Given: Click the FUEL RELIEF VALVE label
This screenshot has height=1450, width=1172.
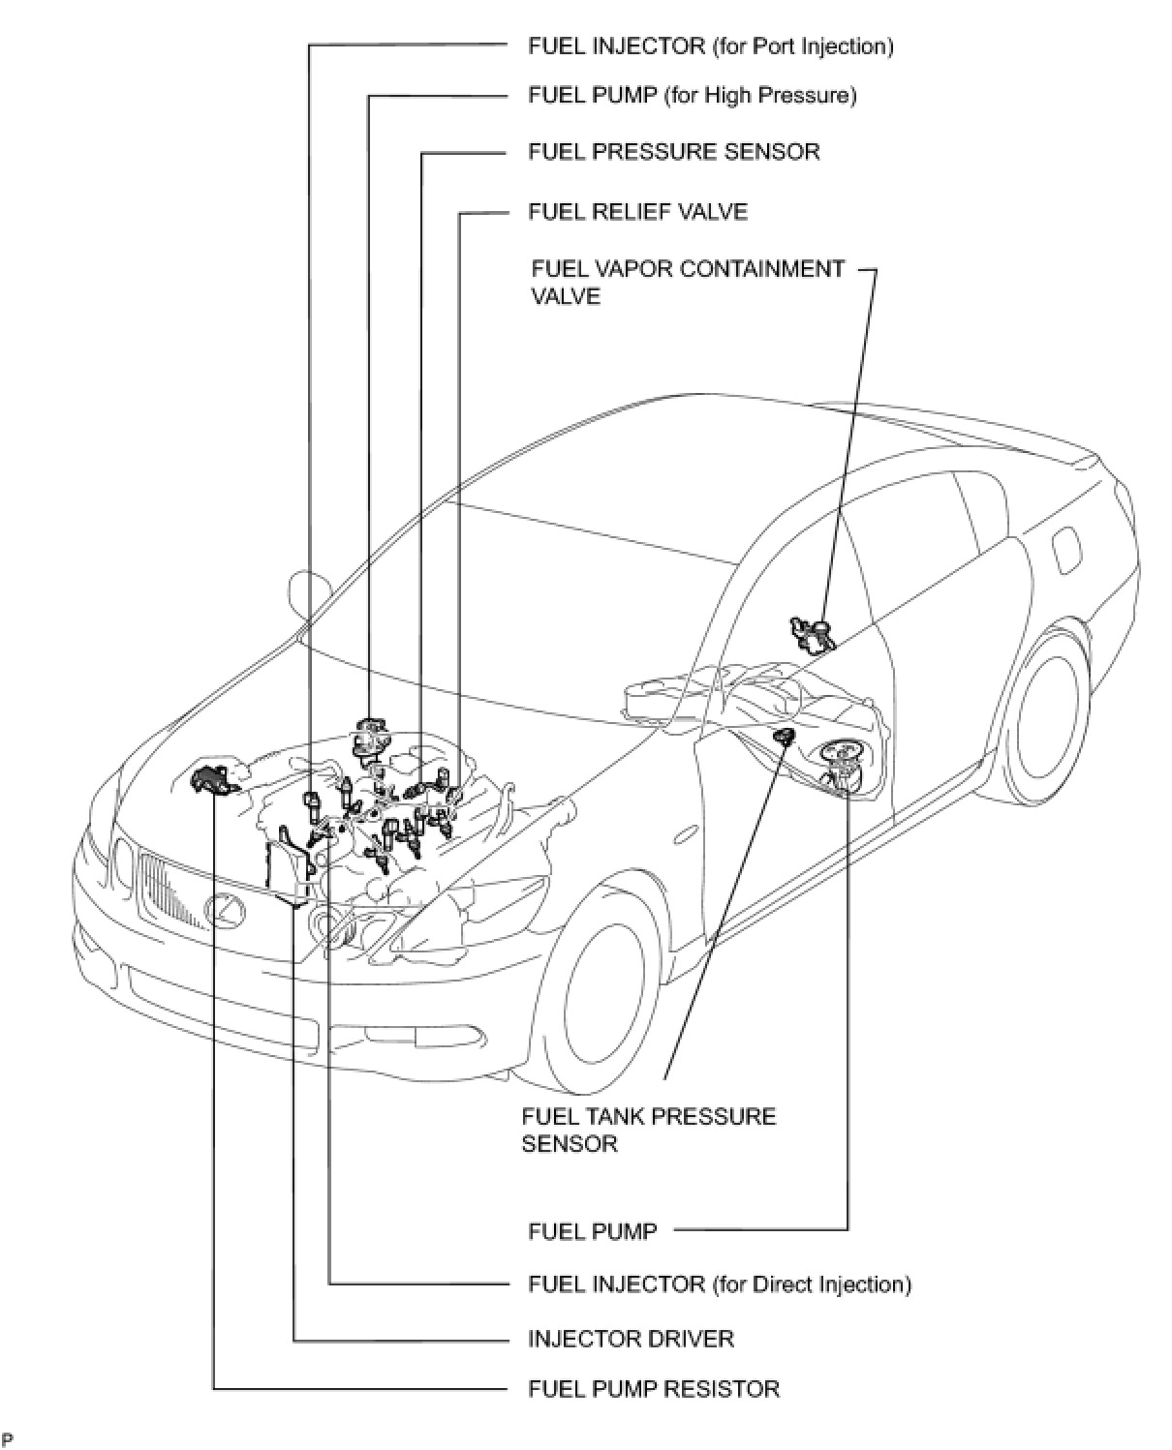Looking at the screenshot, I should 637,212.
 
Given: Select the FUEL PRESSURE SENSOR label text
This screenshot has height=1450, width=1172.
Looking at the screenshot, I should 673,152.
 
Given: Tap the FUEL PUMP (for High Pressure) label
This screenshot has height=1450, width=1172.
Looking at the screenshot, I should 692,96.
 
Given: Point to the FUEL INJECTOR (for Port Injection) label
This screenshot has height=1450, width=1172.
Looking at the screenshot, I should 710,46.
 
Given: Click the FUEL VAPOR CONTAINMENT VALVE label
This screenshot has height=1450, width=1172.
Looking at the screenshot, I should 688,282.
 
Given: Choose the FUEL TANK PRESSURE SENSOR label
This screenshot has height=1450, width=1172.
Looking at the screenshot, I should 648,1130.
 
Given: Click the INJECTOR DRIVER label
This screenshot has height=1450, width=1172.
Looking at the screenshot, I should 631,1339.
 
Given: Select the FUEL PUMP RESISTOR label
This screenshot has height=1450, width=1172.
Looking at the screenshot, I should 653,1389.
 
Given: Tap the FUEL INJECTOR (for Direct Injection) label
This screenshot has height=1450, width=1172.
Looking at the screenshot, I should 719,1284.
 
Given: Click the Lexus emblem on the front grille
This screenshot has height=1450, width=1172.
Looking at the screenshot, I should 224,908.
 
